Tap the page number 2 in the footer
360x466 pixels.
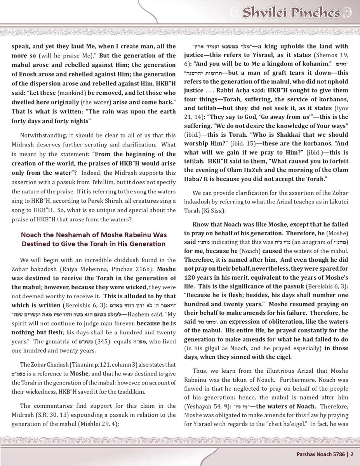coord(352,453)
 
